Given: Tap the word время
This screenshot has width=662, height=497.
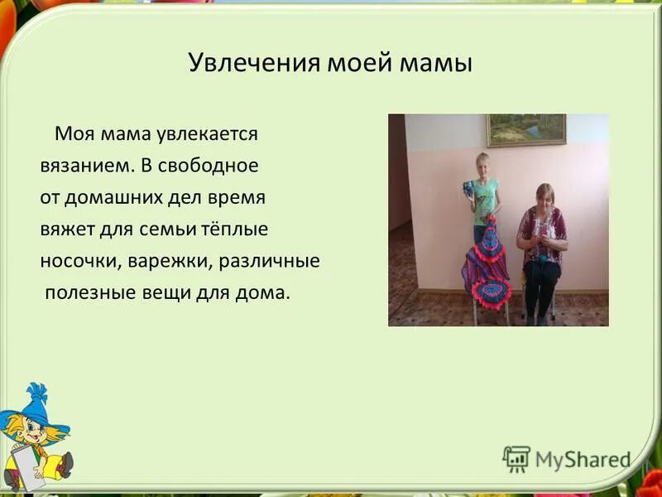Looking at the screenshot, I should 236,197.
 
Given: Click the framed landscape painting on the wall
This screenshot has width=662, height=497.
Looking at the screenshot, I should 526,130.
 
